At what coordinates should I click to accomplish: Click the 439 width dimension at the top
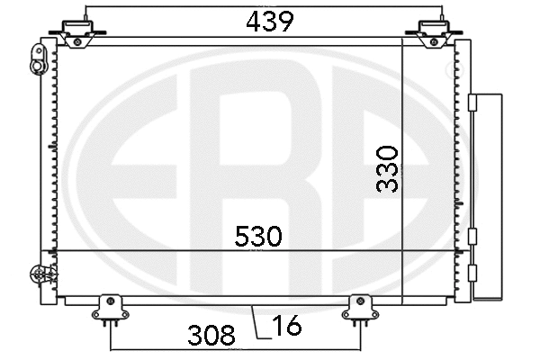pos(269,22)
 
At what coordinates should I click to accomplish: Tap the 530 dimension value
pos(257,237)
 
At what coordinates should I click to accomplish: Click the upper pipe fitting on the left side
pos(39,62)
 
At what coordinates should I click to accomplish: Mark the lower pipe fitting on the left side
pos(38,275)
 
